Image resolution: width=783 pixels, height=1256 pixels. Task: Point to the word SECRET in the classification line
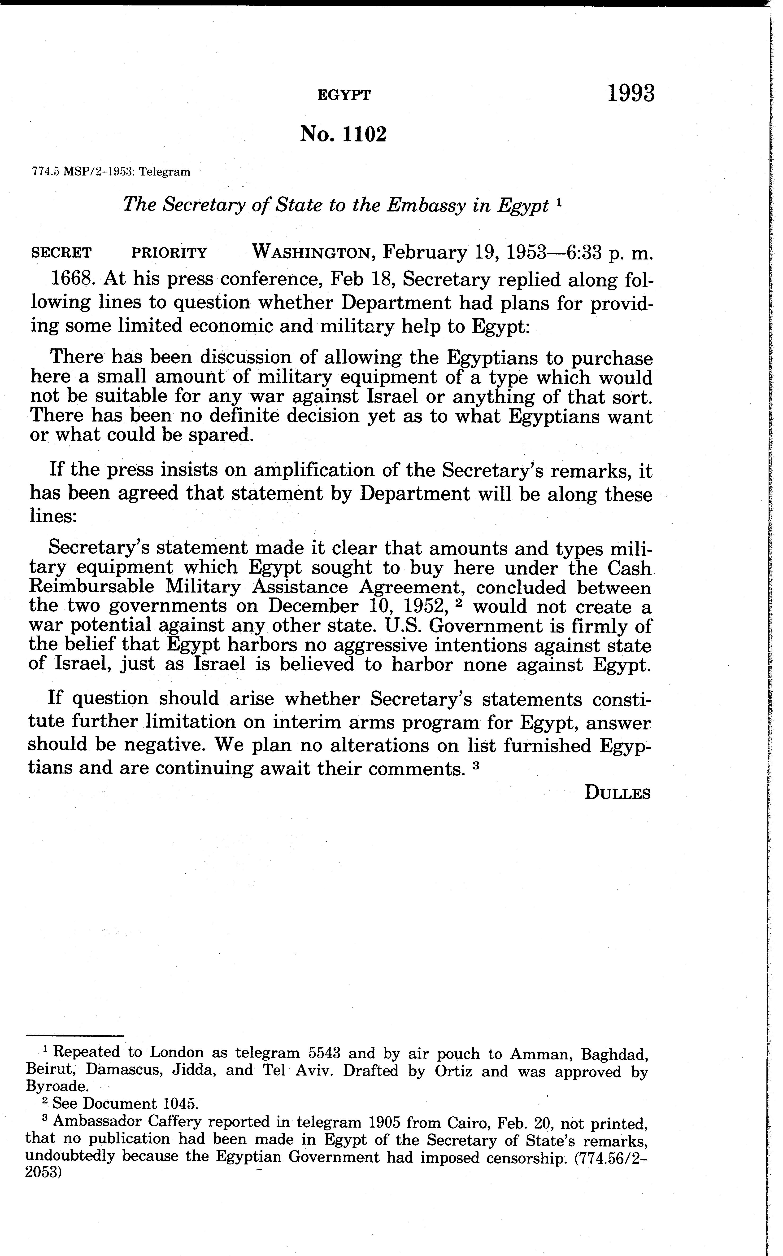coord(62,253)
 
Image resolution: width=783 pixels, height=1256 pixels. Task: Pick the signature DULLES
coord(617,793)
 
